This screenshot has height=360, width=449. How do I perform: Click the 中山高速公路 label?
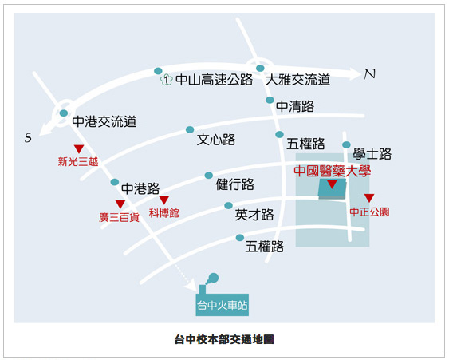pyautogui.click(x=214, y=79)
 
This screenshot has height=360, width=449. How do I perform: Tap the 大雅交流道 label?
pyautogui.click(x=297, y=79)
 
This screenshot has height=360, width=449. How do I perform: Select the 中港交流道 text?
pyautogui.click(x=104, y=121)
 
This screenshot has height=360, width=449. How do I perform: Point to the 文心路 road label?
pyautogui.click(x=216, y=140)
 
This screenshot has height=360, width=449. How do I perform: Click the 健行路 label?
pyautogui.click(x=234, y=184)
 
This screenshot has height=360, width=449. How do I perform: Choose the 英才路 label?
pyautogui.click(x=254, y=215)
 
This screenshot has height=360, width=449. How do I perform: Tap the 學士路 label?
pyautogui.click(x=372, y=154)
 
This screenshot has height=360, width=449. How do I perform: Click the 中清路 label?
pyautogui.click(x=295, y=106)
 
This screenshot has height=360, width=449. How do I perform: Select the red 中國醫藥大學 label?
pyautogui.click(x=333, y=171)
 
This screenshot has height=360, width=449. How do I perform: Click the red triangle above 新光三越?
pyautogui.click(x=79, y=148)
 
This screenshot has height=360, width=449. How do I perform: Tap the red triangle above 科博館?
pyautogui.click(x=164, y=200)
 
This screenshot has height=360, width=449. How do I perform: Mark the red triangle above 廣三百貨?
pyautogui.click(x=120, y=204)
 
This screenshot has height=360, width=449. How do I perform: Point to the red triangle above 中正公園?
pyautogui.click(x=369, y=198)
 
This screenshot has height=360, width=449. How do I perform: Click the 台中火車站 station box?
pyautogui.click(x=223, y=305)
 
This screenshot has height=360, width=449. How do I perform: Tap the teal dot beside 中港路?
pyautogui.click(x=115, y=182)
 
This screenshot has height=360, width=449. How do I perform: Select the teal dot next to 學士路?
pyautogui.click(x=346, y=144)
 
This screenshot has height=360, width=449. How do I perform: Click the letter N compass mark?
pyautogui.click(x=370, y=74)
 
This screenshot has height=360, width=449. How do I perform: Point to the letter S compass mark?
pyautogui.click(x=28, y=137)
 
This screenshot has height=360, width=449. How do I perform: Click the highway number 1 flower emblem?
pyautogui.click(x=167, y=80)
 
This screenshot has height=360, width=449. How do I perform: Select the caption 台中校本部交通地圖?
pyautogui.click(x=224, y=340)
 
